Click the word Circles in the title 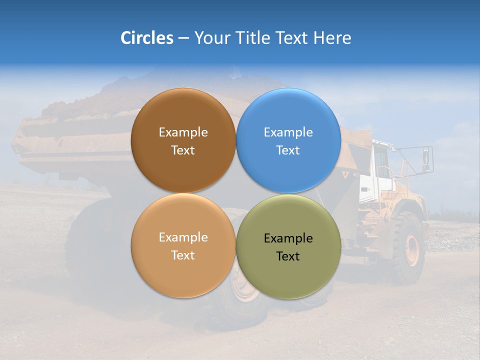[146, 38]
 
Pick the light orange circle [183, 270]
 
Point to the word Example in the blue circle [288, 132]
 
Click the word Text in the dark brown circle [183, 150]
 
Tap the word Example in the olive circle [288, 238]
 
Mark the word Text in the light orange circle [183, 255]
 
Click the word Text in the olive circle [288, 256]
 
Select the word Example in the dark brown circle [183, 132]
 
